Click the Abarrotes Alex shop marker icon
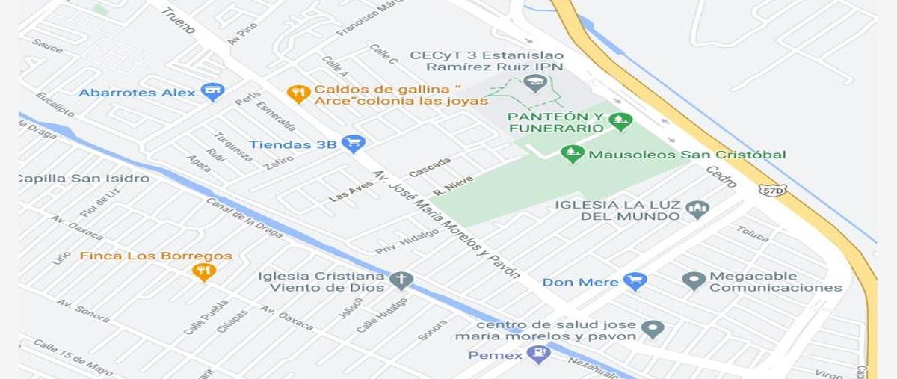[213, 92]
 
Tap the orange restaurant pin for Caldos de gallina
[298, 93]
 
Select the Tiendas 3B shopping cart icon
[353, 144]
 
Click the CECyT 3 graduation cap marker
[534, 82]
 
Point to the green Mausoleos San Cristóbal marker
[573, 154]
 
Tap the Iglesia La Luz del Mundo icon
[697, 209]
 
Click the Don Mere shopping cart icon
[635, 281]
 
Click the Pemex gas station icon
[538, 354]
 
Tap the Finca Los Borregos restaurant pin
[203, 271]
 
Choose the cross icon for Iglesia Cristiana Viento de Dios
[401, 280]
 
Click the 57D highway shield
[771, 190]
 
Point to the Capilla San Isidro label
[83, 179]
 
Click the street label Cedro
[721, 177]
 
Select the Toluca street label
[752, 234]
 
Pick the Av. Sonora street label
[83, 309]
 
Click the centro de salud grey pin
[653, 329]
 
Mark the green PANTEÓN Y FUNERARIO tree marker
[620, 120]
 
